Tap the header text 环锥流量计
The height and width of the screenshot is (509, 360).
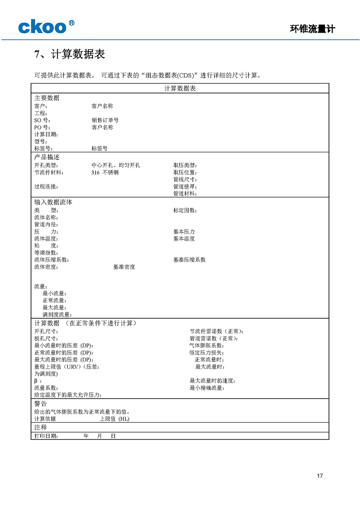(x=312, y=29)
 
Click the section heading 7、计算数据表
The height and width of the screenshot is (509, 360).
(x=69, y=54)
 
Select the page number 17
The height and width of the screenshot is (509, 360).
(x=320, y=476)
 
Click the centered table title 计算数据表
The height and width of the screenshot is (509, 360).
(x=180, y=88)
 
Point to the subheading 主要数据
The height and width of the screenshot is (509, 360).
(x=47, y=98)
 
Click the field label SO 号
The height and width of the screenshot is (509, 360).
(x=42, y=120)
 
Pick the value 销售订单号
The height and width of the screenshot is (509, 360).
(x=105, y=120)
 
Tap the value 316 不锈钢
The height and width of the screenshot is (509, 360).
(x=105, y=172)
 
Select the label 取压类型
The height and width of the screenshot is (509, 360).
(x=185, y=165)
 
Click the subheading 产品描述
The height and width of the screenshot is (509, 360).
(x=47, y=157)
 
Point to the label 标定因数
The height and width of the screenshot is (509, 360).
(x=185, y=210)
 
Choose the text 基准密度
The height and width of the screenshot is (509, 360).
(x=124, y=267)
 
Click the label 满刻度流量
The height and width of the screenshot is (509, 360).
(x=57, y=315)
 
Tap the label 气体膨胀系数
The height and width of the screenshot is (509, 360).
(x=207, y=345)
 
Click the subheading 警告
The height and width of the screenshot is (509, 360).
(x=41, y=404)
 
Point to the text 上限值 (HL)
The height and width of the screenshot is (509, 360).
(x=114, y=419)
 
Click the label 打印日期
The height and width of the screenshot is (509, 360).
(x=46, y=436)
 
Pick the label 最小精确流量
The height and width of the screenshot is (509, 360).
(x=207, y=388)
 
